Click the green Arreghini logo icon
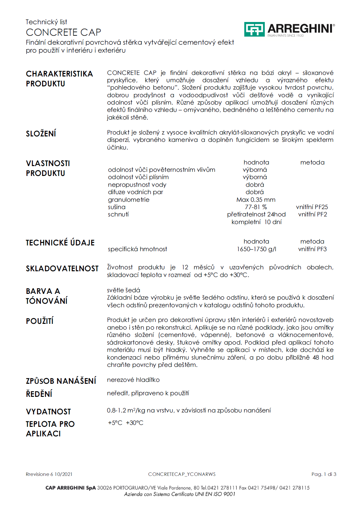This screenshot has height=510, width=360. point(254,29)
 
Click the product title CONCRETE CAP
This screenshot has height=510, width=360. point(63,32)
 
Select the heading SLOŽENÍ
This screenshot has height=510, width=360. point(41,134)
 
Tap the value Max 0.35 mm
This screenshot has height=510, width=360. point(256,200)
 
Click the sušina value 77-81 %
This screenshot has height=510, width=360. point(256,207)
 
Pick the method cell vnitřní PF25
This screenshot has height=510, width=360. point(312,207)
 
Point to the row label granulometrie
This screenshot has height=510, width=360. point(129,200)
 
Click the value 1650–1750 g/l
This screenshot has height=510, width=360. point(256,249)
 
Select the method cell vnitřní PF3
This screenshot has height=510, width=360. point(312,249)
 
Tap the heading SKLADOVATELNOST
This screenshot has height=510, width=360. point(62,268)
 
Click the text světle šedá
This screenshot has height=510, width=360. point(124,290)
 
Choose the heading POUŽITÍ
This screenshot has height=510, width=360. point(40,321)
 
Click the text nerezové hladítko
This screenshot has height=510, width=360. point(133,380)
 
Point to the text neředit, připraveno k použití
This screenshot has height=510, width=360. point(148,393)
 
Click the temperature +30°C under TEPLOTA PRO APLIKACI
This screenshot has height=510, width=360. point(135,423)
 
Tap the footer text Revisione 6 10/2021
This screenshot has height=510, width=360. point(49,474)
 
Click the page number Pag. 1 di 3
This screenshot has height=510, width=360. point(324,474)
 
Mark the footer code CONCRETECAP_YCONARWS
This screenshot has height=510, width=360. point(182,474)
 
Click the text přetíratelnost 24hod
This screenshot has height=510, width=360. point(256,214)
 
